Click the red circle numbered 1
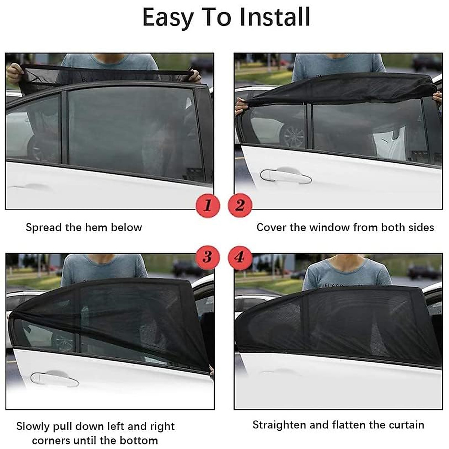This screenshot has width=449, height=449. [208, 205]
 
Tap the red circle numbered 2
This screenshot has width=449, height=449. [240, 205]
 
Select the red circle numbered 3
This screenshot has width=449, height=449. [208, 257]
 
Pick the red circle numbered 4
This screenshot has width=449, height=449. [240, 257]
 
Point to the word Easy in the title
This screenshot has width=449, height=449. [168, 18]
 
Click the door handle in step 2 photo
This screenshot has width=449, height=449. [285, 176]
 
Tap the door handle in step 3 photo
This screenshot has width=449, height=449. [55, 379]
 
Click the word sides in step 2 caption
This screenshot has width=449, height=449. [421, 227]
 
